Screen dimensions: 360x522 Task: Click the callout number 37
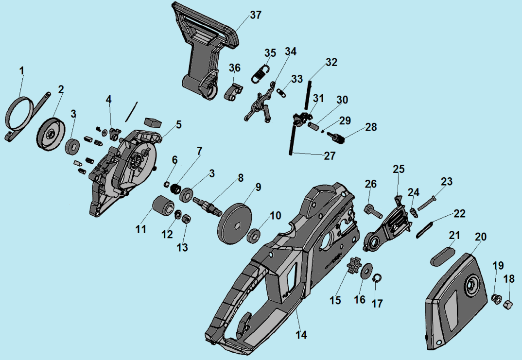tap(256, 15)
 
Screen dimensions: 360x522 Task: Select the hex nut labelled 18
tap(506, 305)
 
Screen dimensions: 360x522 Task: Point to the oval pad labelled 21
tap(442, 255)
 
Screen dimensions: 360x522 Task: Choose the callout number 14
tap(301, 334)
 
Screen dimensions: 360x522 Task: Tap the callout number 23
tap(447, 182)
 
